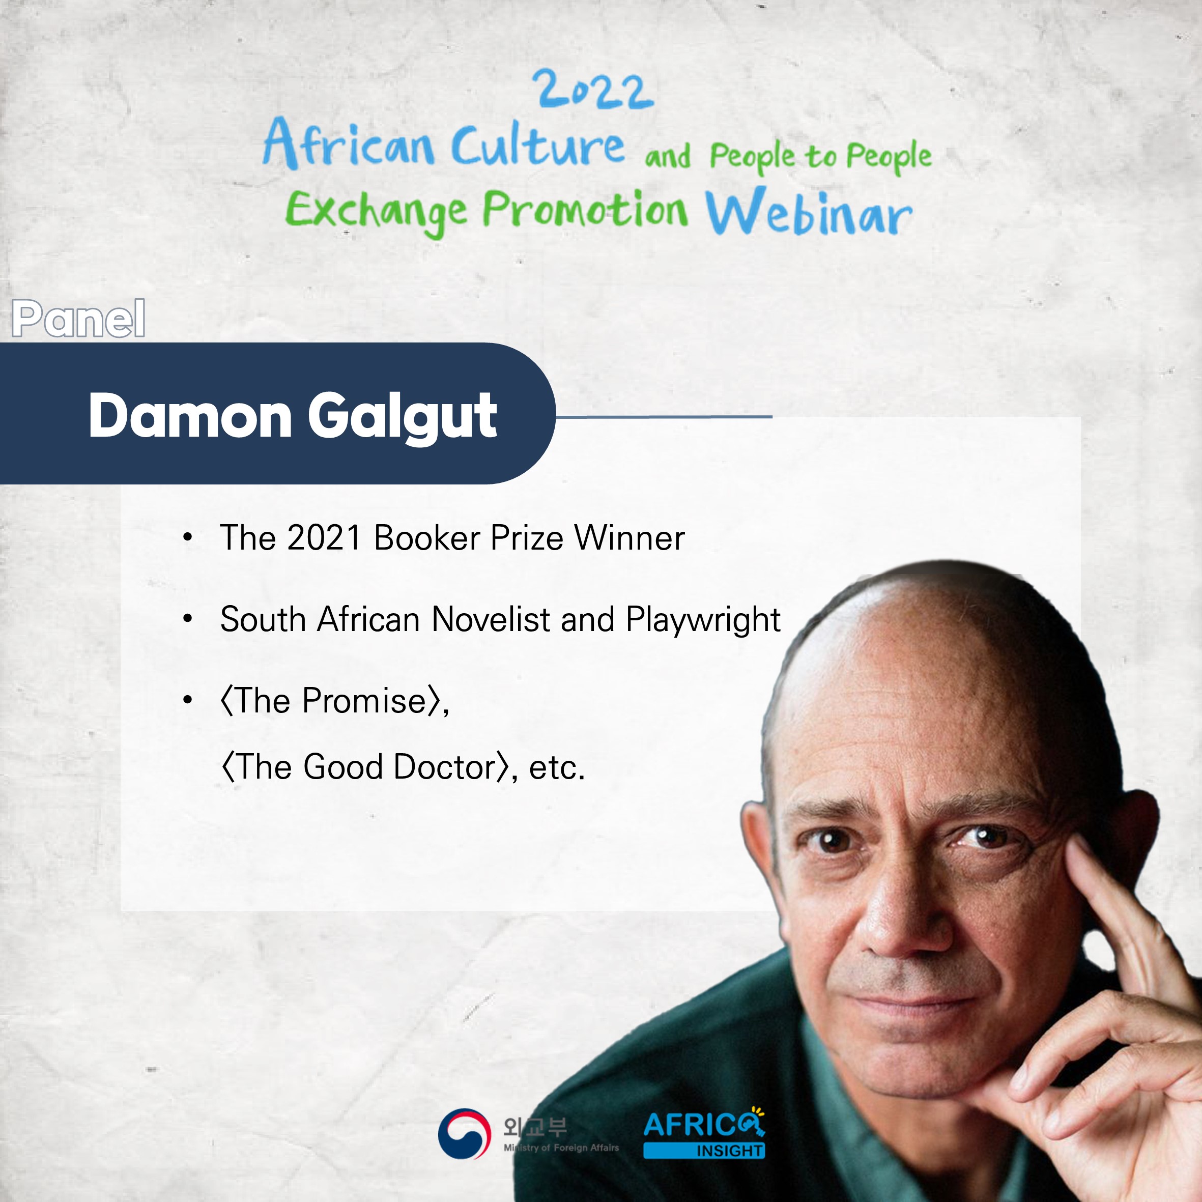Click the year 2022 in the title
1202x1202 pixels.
coord(594,90)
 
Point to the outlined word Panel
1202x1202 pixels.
coord(78,319)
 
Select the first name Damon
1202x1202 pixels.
coord(190,416)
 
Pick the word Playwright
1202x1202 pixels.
coord(703,621)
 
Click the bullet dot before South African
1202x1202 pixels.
coord(187,619)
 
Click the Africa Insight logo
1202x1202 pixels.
coord(704,1134)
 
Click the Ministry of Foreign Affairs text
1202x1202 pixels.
coord(561,1148)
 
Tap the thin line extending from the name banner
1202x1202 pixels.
coord(664,417)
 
